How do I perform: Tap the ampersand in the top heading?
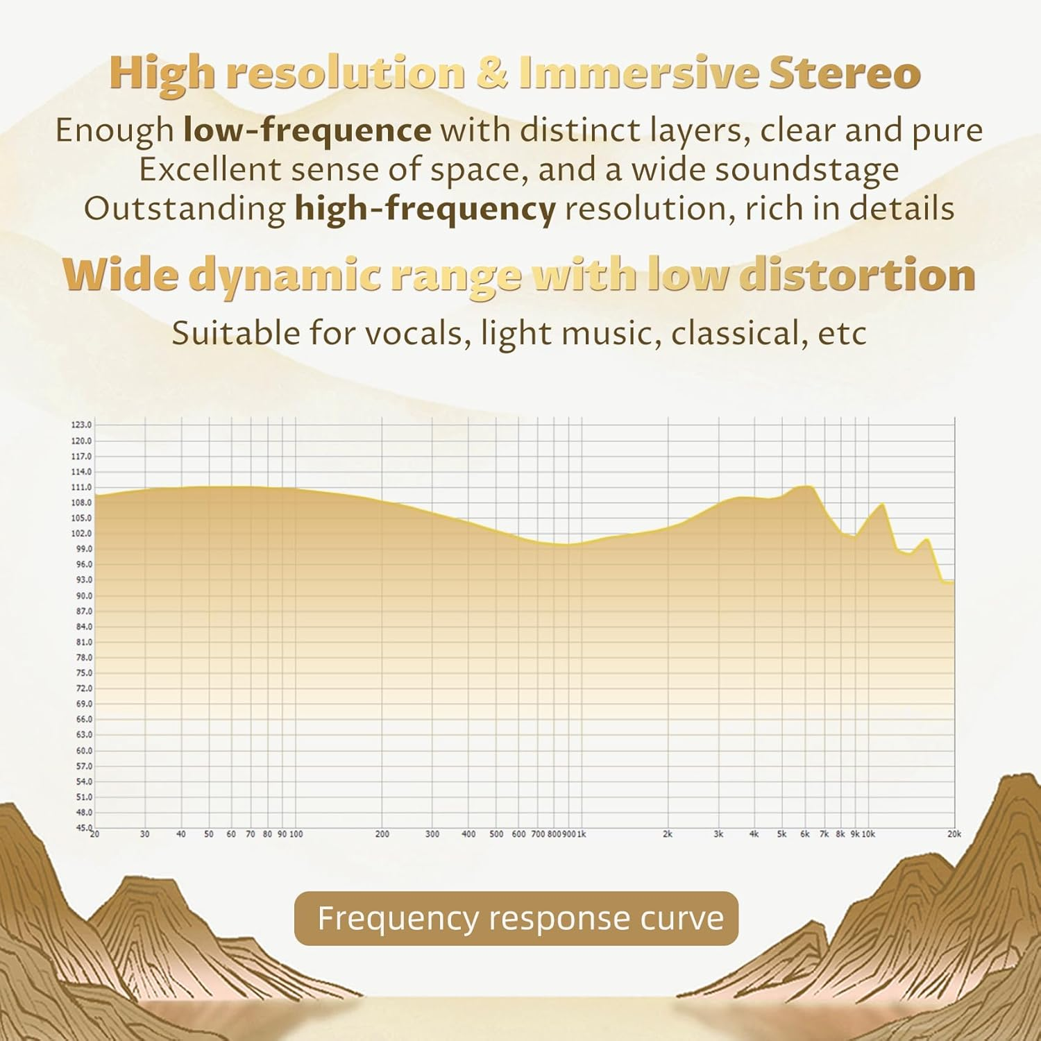pos(492,74)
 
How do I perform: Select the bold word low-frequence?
pos(307,130)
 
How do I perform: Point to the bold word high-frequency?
pos(425,209)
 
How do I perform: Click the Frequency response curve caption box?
pos(516,918)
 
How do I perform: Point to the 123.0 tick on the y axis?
pos(82,425)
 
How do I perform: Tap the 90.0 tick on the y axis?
pos(84,595)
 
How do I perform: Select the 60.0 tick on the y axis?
pos(84,750)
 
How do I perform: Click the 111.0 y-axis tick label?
pos(82,487)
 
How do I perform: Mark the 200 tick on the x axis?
pos(382,834)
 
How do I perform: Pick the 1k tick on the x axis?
pos(582,834)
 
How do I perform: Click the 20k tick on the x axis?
pos(954,834)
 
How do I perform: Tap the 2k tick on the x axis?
pos(668,834)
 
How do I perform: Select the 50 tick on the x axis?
pos(209,834)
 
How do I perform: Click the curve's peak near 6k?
pos(806,486)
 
